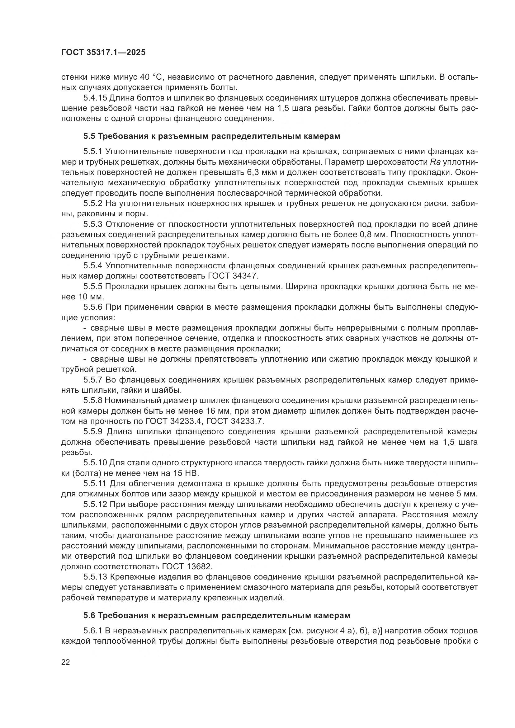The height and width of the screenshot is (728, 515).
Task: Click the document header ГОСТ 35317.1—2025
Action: (103, 53)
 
